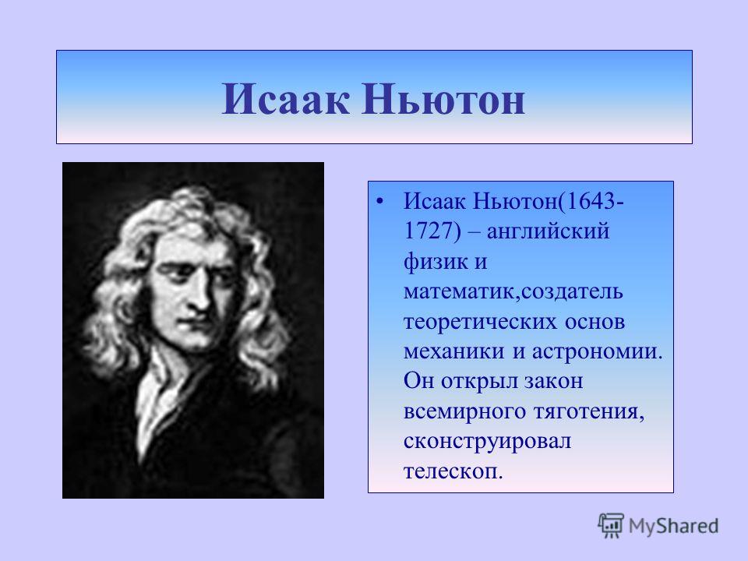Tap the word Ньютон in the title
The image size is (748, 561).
point(443,99)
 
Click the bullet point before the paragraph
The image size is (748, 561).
point(379,201)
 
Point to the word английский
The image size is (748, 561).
point(548,232)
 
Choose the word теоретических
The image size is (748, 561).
point(479,322)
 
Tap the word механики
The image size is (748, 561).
point(453,351)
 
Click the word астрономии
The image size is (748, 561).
point(598,351)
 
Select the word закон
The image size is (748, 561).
point(553,381)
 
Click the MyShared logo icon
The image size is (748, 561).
point(611,525)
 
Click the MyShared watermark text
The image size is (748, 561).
point(673,526)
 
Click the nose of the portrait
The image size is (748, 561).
point(201,298)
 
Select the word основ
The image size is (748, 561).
point(595,322)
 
